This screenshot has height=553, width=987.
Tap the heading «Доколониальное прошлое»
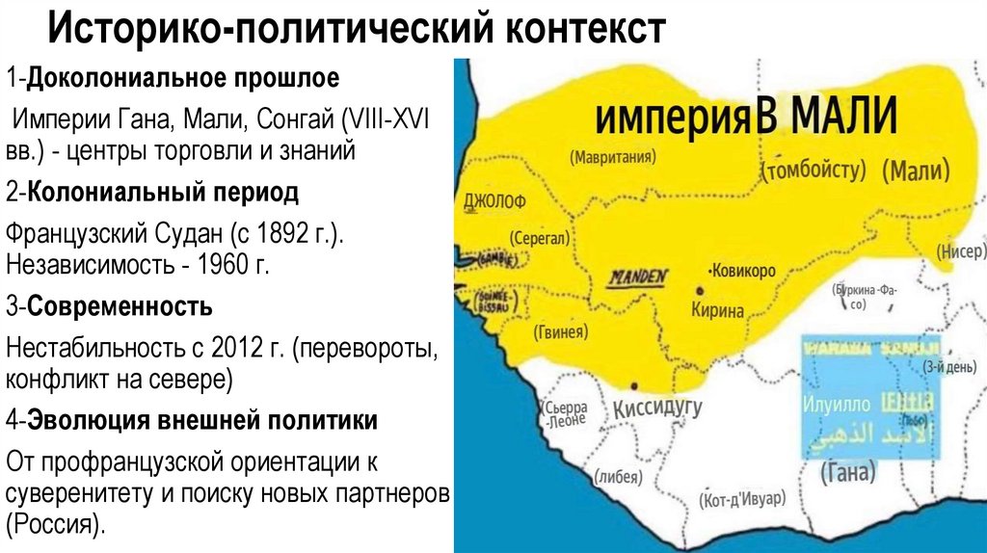pyautogui.click(x=183, y=77)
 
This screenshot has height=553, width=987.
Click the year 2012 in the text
pyautogui.click(x=233, y=349)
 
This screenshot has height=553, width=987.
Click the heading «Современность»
pyautogui.click(x=120, y=307)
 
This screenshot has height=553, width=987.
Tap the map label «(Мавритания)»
pyautogui.click(x=612, y=156)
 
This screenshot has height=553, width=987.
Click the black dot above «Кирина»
pyautogui.click(x=698, y=291)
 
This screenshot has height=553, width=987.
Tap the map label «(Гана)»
pyautogui.click(x=848, y=472)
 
